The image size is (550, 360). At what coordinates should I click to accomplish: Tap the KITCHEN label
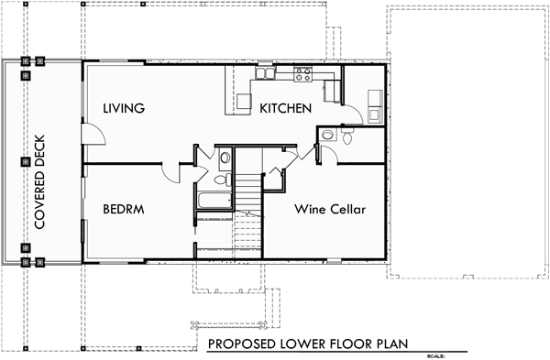[x=286, y=109]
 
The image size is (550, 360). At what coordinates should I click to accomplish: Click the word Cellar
[x=346, y=210]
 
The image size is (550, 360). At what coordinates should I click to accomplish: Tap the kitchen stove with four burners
[x=303, y=72]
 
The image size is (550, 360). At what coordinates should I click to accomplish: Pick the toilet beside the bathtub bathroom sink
[x=225, y=158]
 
